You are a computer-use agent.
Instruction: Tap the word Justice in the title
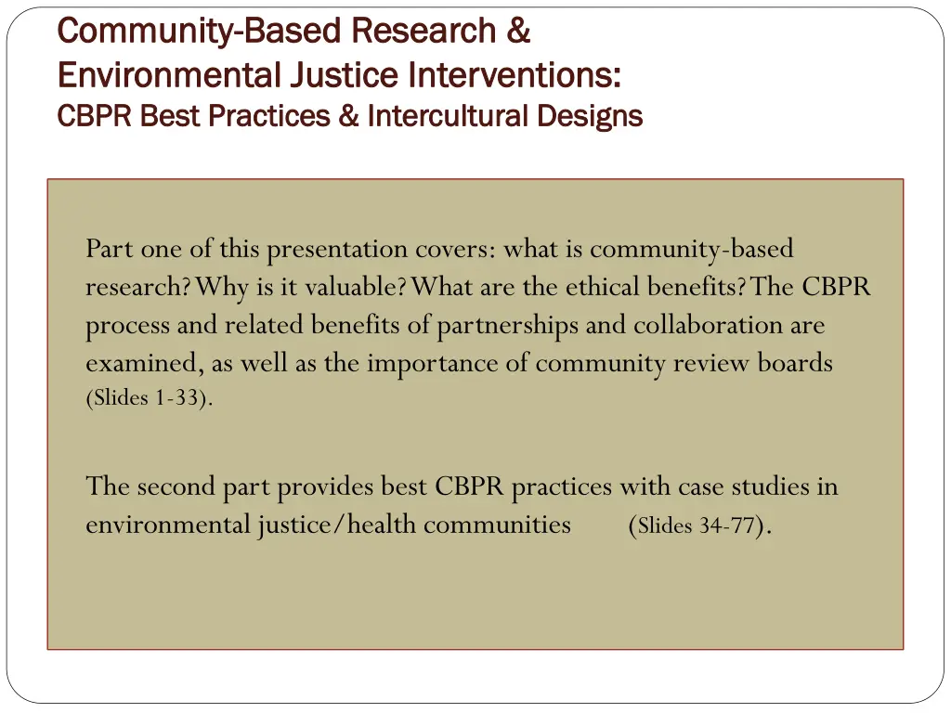(343, 73)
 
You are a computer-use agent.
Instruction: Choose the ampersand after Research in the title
(519, 32)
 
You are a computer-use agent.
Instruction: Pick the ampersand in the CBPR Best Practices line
(348, 116)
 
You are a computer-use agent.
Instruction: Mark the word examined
(144, 364)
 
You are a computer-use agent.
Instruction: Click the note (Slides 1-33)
(149, 399)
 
